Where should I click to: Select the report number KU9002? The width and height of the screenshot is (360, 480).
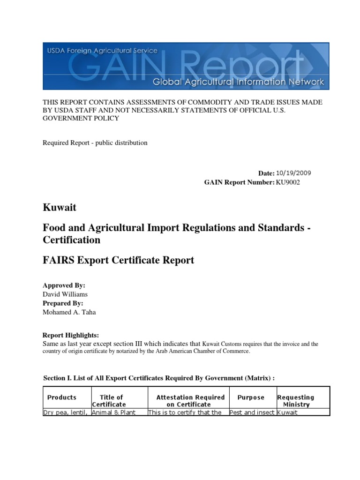click(x=286, y=182)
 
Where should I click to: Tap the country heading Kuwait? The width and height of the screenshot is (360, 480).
click(x=60, y=207)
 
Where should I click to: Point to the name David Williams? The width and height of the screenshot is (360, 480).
click(x=65, y=294)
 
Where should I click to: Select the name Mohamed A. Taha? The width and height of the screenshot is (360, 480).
click(x=69, y=312)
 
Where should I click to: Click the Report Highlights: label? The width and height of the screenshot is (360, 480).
click(x=71, y=335)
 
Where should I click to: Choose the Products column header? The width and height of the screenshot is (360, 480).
click(x=62, y=397)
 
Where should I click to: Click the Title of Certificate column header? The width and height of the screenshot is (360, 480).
click(x=109, y=401)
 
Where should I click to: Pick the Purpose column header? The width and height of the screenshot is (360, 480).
click(x=251, y=397)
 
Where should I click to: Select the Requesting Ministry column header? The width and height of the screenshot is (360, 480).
click(x=296, y=401)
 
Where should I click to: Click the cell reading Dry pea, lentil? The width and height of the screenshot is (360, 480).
click(x=66, y=412)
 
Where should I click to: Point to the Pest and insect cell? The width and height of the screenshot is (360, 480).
click(x=252, y=412)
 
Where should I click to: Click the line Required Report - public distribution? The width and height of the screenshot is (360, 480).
click(x=95, y=142)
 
